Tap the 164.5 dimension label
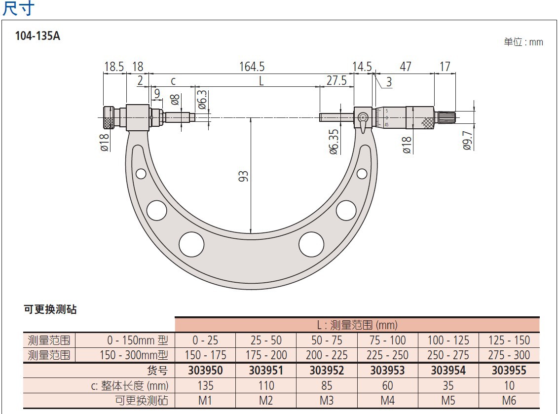(252, 66)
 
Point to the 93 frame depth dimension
(243, 177)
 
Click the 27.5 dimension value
(336, 80)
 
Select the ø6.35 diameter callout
(334, 142)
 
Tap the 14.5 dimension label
(362, 67)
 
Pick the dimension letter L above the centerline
(261, 80)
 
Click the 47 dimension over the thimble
(405, 67)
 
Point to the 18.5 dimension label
(114, 67)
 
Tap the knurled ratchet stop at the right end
(446, 117)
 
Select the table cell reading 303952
(327, 370)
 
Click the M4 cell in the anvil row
(387, 400)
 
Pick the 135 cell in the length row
(205, 385)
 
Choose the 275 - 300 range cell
(509, 355)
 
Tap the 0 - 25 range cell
(205, 340)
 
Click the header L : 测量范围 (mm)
(357, 325)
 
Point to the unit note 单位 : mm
(523, 42)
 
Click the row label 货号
(157, 370)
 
